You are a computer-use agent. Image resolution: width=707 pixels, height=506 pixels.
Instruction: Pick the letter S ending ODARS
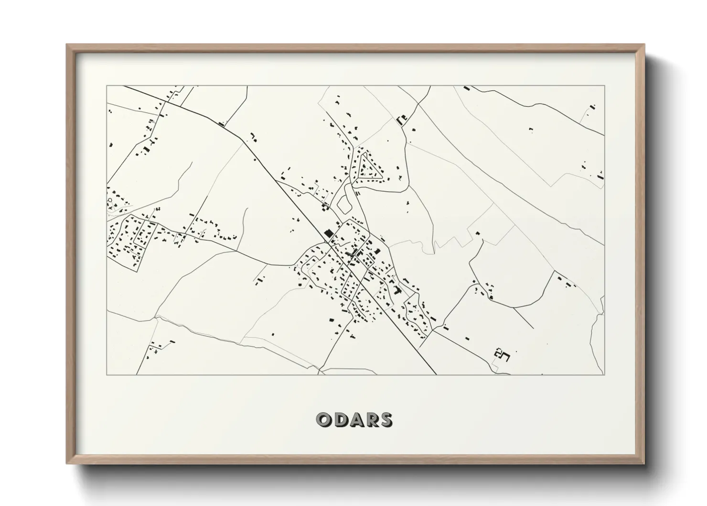coord(386,419)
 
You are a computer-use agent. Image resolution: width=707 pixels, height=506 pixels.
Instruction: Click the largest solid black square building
coord(328,233)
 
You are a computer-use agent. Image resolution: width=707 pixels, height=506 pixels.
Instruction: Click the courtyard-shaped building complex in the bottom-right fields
coord(502,354)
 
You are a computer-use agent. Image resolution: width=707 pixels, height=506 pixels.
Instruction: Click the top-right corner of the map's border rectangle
coord(604,86)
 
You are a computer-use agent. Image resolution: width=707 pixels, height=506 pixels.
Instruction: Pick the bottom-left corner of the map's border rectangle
coord(107,374)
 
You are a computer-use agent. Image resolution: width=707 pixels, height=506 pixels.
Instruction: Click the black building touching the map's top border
coord(467,88)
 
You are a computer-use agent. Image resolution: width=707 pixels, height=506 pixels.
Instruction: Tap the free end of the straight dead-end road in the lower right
coord(533,328)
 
